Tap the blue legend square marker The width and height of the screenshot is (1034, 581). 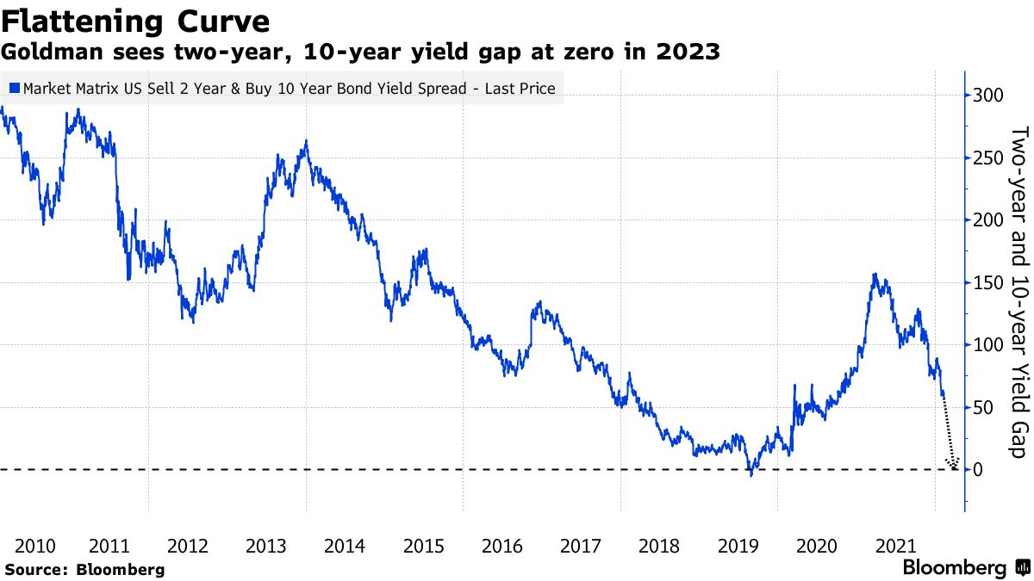[x=15, y=88]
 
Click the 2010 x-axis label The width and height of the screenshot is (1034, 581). [x=36, y=546]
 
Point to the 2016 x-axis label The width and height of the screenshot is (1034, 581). [x=501, y=546]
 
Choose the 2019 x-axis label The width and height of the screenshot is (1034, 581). [x=738, y=546]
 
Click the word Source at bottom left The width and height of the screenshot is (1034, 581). [x=34, y=570]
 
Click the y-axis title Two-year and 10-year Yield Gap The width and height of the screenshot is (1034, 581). [x=1018, y=293]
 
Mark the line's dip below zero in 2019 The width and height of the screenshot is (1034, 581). [x=751, y=474]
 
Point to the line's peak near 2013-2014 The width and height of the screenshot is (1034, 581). [x=306, y=142]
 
